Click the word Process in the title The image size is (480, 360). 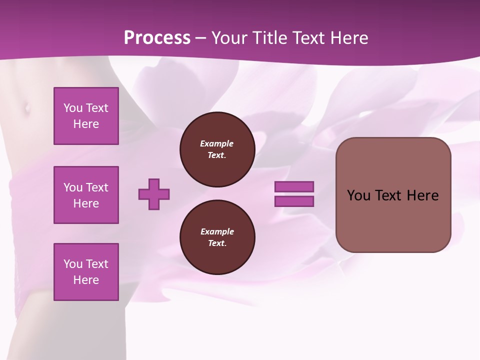pos(157,38)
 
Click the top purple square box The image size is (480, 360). pos(86,116)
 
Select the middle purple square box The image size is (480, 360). pos(86,195)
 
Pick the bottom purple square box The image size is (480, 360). pos(86,272)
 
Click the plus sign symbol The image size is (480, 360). pos(154,194)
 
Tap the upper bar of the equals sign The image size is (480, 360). pos(294,186)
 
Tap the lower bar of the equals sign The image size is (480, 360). pos(294,201)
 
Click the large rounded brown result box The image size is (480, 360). pos(393,220)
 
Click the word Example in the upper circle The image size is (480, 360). pos(217,143)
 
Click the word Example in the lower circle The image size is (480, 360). pos(217,231)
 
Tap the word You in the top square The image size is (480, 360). pos(72,108)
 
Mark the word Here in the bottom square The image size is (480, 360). pos(86,280)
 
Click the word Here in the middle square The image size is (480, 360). pos(86,203)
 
